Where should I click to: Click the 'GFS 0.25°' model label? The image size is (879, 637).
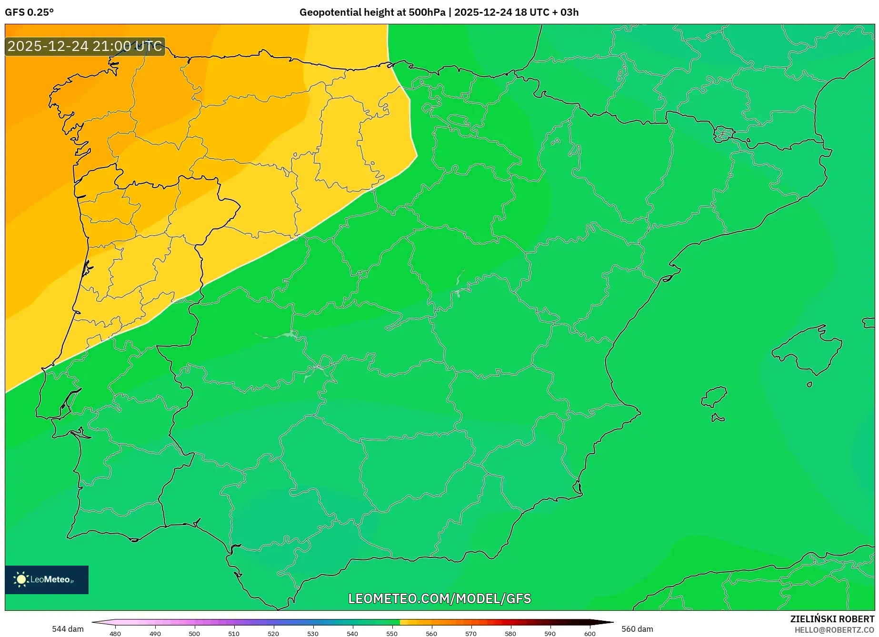(29, 12)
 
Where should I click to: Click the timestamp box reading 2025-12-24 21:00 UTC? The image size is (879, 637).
(85, 46)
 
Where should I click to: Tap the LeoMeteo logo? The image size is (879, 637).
(47, 579)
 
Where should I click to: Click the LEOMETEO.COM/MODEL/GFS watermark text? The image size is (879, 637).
(439, 598)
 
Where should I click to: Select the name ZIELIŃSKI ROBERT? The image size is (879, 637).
(832, 619)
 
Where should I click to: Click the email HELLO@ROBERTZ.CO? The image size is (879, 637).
(834, 630)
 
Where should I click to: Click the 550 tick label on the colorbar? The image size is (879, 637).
(392, 634)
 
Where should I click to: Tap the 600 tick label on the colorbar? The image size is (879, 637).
(589, 634)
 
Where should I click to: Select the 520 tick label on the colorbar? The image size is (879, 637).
(273, 634)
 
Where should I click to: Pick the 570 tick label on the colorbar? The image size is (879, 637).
(471, 634)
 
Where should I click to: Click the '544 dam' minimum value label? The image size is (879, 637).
(68, 629)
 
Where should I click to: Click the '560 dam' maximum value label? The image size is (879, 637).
(637, 629)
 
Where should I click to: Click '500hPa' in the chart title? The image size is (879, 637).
(426, 12)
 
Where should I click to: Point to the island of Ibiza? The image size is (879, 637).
(714, 397)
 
